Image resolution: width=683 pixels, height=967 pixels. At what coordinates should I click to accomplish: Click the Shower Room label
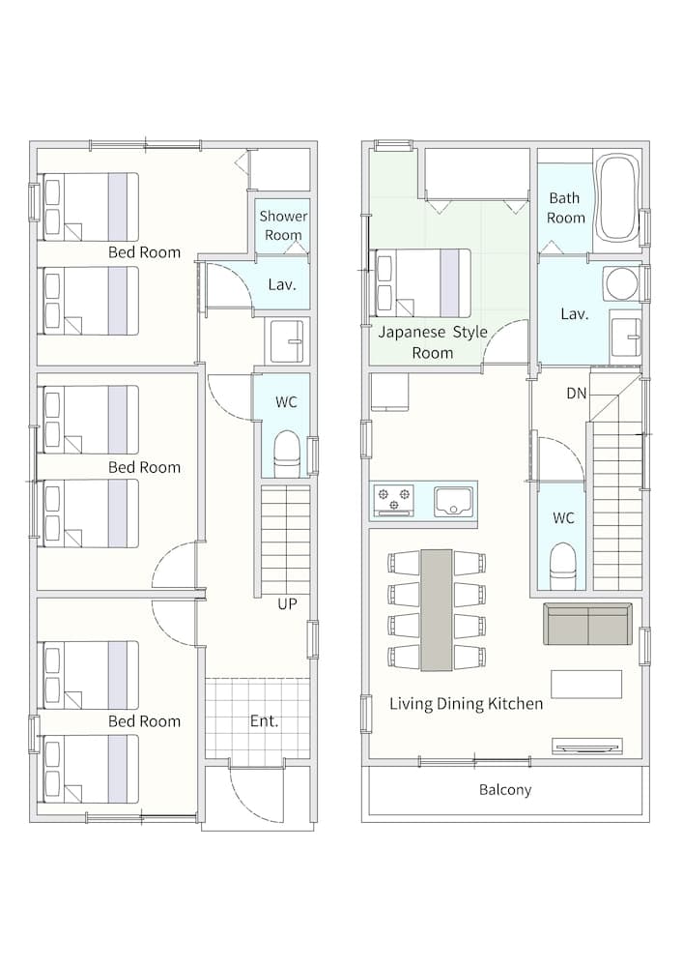point(283,225)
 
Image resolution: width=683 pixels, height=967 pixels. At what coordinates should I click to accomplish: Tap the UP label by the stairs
point(286,604)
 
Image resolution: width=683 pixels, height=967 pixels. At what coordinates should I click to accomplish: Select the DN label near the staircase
point(576,393)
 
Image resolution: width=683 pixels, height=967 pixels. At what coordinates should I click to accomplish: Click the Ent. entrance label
point(264,720)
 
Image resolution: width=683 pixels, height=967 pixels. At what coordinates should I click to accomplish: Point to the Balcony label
point(505,790)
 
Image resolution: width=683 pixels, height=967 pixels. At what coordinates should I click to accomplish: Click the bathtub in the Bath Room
point(617,198)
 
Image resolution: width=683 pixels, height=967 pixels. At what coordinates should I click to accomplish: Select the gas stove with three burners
point(394,500)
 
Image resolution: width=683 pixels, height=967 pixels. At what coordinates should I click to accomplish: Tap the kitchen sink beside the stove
point(455,500)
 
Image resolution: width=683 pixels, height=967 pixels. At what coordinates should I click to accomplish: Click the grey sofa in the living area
point(587,624)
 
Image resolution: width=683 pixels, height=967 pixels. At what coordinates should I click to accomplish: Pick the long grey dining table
point(437,610)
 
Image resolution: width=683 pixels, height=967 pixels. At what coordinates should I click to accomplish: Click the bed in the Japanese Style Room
point(422,283)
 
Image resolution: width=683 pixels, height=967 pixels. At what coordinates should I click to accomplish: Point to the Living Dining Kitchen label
point(467,704)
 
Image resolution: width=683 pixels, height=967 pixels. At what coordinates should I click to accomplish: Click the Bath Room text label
point(565,208)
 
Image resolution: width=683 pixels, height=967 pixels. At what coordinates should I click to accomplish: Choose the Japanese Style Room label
point(433,342)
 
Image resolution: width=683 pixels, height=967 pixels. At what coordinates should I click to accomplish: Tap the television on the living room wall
point(587,747)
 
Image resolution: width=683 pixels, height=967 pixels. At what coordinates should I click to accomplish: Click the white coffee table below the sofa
point(586,684)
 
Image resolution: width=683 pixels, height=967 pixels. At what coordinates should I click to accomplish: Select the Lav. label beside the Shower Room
point(282,285)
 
